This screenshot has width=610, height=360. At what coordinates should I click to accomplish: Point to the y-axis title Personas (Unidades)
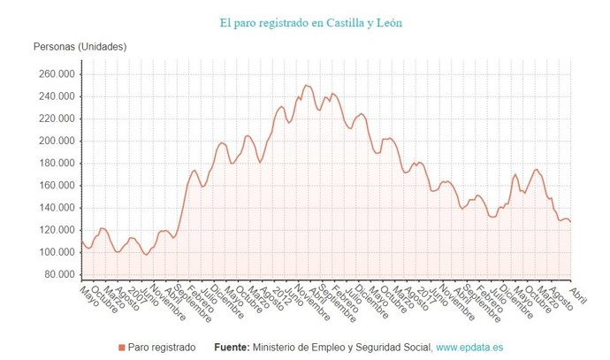click(x=80, y=46)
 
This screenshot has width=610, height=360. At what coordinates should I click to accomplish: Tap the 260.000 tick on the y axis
click(x=57, y=74)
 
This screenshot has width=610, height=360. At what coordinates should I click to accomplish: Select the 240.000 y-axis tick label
click(x=57, y=96)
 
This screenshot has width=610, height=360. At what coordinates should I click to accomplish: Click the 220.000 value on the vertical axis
click(x=57, y=119)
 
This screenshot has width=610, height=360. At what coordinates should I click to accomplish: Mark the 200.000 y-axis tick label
click(x=57, y=141)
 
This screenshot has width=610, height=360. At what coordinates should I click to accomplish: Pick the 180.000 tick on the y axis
click(x=57, y=163)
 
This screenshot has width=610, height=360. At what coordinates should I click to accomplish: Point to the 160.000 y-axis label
click(x=57, y=185)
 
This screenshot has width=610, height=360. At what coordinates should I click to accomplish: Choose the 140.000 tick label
click(x=57, y=208)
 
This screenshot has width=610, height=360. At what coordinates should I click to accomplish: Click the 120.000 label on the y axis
click(x=57, y=230)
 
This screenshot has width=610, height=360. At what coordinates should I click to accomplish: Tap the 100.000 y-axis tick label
click(x=57, y=252)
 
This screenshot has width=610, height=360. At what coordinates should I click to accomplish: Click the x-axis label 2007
click(x=135, y=294)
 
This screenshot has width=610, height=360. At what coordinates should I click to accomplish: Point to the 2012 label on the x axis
click(x=280, y=294)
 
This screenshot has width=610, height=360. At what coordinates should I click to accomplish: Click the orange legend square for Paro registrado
click(x=122, y=348)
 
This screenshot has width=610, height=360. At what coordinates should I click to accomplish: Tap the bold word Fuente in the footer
click(x=233, y=348)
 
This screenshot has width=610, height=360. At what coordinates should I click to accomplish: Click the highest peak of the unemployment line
click(x=307, y=86)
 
